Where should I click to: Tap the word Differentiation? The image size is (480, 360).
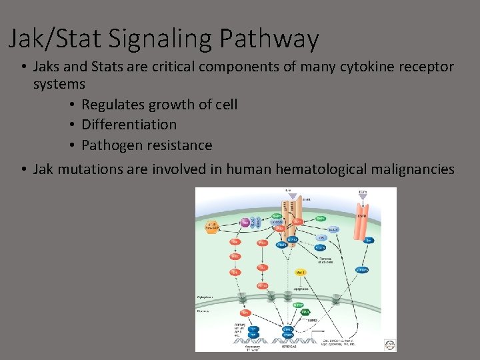[x=129, y=125]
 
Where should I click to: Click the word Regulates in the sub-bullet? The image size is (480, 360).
[x=111, y=105]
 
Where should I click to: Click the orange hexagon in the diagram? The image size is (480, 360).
[x=213, y=226]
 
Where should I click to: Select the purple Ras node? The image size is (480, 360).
[x=244, y=222]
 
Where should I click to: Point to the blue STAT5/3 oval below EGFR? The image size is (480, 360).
[x=362, y=270]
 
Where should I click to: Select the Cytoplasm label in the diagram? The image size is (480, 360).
[x=205, y=297]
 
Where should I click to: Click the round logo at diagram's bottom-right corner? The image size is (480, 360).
[x=389, y=344]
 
